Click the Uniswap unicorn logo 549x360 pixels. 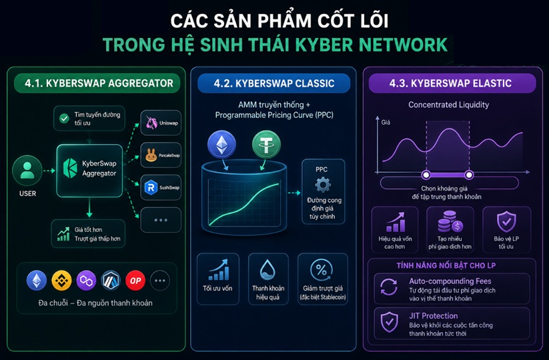pyautogui.click(x=151, y=123)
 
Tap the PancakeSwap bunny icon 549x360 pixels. pyautogui.click(x=151, y=155)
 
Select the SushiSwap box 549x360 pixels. pyautogui.click(x=161, y=187)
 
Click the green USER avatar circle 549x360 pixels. pyautogui.click(x=27, y=171)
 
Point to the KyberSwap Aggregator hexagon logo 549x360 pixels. pyautogui.click(x=70, y=168)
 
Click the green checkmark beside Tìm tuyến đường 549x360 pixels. pyautogui.click(x=64, y=119)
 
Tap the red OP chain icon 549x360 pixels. pyautogui.click(x=135, y=281)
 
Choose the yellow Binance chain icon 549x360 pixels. pyautogui.click(x=61, y=281)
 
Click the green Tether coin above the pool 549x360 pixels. pyautogui.click(x=266, y=145)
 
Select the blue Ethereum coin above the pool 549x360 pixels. pyautogui.click(x=221, y=144)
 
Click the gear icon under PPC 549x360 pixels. pyautogui.click(x=323, y=185)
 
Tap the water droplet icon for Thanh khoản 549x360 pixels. pyautogui.click(x=268, y=269)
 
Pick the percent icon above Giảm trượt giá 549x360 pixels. pyautogui.click(x=322, y=270)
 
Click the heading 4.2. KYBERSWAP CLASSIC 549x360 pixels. pyautogui.click(x=274, y=83)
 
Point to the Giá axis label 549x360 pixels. pyautogui.click(x=386, y=122)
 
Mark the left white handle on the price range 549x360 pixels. pyautogui.click(x=426, y=175)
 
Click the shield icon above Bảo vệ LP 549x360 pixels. pyautogui.click(x=506, y=221)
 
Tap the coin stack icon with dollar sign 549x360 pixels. pyautogui.click(x=450, y=221)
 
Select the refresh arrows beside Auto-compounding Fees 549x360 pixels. pyautogui.click(x=389, y=287)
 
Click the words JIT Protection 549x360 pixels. pyautogui.click(x=434, y=316)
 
